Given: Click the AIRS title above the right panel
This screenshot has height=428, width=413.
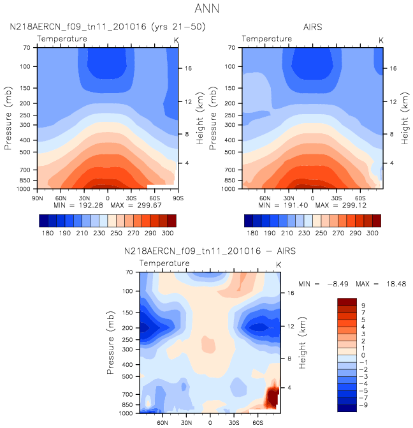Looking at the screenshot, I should point(312,27).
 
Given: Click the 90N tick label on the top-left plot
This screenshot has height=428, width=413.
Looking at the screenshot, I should point(37,197).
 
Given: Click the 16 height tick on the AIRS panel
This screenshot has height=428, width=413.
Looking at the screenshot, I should point(393,68).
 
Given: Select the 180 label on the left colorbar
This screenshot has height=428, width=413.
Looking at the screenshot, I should point(47,235).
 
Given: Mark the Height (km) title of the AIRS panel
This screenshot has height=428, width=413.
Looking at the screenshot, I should point(404,118).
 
